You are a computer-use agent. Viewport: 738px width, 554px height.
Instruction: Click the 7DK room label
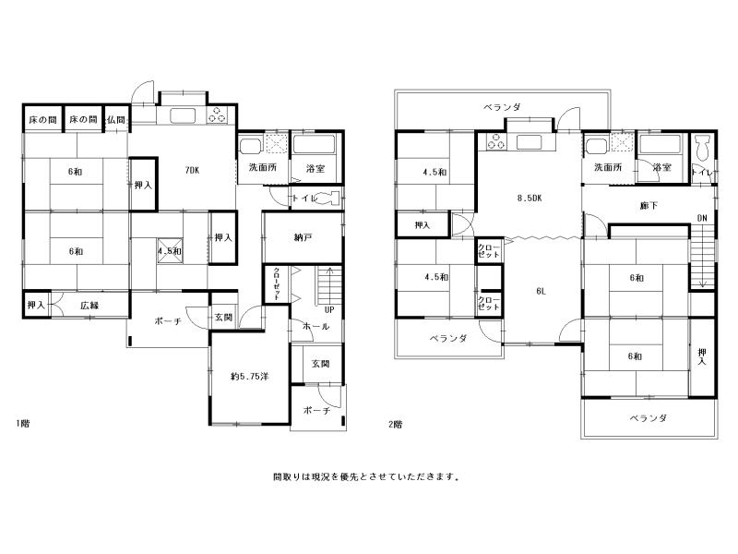[192, 171]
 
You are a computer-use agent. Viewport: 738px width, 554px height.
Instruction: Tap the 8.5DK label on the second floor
[530, 199]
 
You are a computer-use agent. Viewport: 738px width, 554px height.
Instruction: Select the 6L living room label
[541, 291]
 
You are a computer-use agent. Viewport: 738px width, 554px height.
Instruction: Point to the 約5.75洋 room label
[249, 377]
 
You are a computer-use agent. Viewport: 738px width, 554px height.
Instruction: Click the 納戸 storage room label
[303, 237]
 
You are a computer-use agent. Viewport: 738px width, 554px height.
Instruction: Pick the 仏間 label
[116, 120]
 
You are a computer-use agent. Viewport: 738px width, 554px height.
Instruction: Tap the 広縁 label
[89, 306]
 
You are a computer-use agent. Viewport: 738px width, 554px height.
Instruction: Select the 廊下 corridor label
[649, 205]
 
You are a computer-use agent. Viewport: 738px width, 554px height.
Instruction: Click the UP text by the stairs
[329, 310]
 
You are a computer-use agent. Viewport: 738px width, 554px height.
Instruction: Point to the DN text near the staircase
[702, 218]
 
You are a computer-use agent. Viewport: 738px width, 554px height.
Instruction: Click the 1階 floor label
[22, 423]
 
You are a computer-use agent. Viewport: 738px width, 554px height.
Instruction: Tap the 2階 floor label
[396, 424]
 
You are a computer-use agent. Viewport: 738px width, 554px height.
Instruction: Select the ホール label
[315, 326]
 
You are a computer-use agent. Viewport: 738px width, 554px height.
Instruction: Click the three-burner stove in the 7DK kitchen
[218, 114]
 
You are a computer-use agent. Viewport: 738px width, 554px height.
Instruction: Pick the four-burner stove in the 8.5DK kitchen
[495, 141]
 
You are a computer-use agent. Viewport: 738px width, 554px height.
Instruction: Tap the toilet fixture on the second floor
[702, 148]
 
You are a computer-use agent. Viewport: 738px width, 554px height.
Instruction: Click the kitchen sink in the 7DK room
[183, 115]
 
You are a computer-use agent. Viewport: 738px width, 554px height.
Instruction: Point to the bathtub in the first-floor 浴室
[314, 145]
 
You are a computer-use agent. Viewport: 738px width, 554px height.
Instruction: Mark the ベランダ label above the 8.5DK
[503, 107]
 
